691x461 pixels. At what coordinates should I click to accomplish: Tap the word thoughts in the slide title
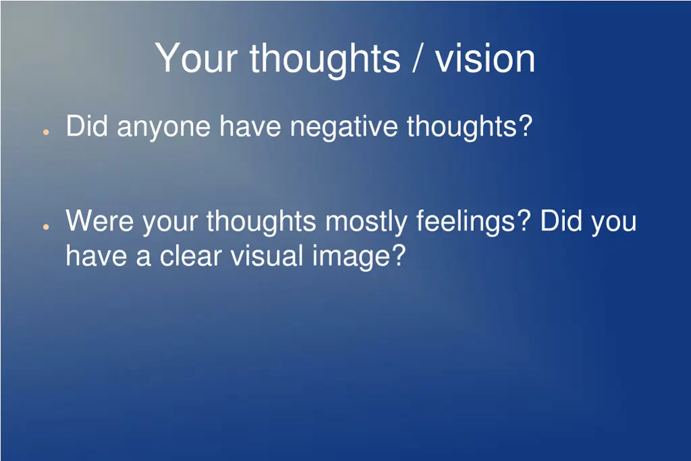click(325, 58)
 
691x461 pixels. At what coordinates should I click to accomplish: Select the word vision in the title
click(485, 58)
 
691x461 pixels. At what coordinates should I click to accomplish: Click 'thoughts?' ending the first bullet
click(470, 127)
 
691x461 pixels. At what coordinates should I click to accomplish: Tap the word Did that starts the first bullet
click(87, 126)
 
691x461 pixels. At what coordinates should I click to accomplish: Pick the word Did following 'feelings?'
click(561, 221)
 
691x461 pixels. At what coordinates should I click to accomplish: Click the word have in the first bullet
click(250, 127)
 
